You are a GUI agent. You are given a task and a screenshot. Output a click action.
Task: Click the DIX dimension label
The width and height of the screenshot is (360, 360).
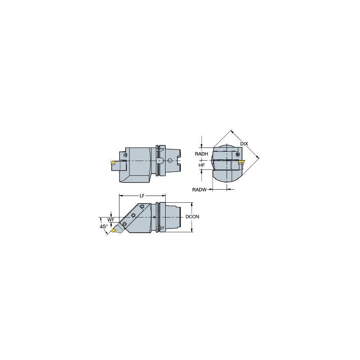pyautogui.click(x=244, y=144)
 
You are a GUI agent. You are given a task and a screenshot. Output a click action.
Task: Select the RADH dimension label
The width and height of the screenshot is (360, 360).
pyautogui.click(x=201, y=154)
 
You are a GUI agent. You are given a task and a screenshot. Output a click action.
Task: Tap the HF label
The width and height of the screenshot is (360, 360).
pyautogui.click(x=201, y=165)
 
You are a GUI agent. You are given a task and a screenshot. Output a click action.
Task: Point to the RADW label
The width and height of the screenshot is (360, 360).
pyautogui.click(x=199, y=190)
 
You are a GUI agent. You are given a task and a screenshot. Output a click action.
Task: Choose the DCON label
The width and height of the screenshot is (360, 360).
pyautogui.click(x=192, y=217)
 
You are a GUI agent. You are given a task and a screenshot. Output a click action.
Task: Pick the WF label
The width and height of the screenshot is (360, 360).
pyautogui.click(x=111, y=220)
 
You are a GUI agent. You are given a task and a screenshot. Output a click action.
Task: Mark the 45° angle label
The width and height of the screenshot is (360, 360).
pyautogui.click(x=103, y=226)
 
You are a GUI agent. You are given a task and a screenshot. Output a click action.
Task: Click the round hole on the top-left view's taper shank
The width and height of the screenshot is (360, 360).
pyautogui.click(x=169, y=161)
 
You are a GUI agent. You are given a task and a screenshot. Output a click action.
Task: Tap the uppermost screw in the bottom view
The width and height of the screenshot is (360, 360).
pyautogui.click(x=142, y=207)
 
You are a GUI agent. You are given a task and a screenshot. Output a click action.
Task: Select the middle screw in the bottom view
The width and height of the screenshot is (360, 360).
pyautogui.click(x=133, y=215)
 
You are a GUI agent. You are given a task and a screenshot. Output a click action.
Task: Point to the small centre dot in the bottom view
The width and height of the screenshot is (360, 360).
pyautogui.click(x=154, y=217)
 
